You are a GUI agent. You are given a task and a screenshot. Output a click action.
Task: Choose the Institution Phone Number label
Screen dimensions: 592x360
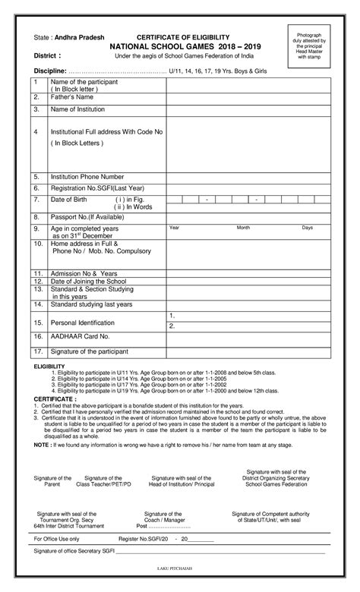(87, 176)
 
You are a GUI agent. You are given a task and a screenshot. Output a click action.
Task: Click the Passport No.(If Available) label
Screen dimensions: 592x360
(87, 216)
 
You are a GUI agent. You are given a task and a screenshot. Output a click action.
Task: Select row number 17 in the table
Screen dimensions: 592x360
(36, 351)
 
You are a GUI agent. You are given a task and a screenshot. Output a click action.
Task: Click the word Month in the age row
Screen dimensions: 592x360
(243, 228)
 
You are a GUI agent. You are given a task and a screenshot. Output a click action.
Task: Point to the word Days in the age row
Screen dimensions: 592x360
(308, 228)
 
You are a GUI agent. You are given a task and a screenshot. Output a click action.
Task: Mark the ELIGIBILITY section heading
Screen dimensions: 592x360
(49, 367)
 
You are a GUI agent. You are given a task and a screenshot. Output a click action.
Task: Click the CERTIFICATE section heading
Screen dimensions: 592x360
(55, 398)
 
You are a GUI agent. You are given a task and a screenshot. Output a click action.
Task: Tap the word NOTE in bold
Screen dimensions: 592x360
(43, 445)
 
